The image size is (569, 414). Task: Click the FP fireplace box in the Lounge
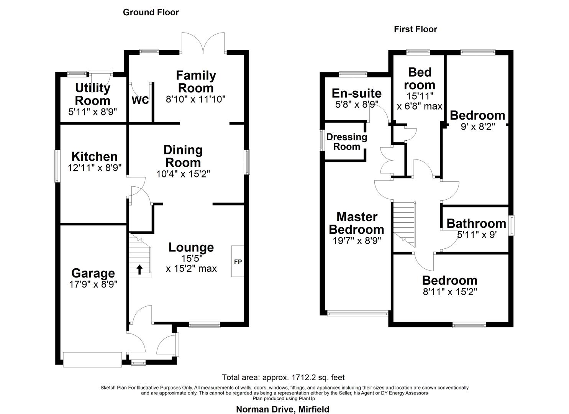[238, 261]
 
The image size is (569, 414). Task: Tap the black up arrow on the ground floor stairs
[139, 269]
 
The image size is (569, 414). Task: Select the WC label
[140, 100]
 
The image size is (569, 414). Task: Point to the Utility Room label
[93, 94]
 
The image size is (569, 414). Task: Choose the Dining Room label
[183, 156]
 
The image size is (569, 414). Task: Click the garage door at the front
[93, 359]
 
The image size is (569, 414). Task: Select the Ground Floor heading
[151, 12]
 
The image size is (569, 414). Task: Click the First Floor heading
[415, 29]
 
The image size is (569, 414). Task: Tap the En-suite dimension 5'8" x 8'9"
[357, 104]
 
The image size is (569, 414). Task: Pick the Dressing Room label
[346, 141]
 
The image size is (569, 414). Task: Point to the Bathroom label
[476, 223]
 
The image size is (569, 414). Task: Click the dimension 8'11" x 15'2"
[450, 292]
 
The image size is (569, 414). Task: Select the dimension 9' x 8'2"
[477, 126]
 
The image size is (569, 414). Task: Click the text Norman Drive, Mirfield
[282, 409]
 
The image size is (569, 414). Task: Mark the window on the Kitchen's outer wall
[57, 166]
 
